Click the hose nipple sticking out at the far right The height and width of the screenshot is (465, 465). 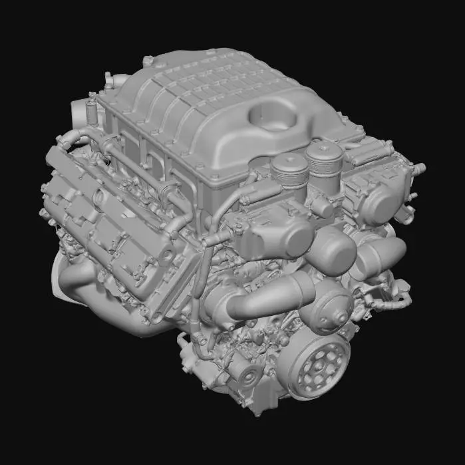420,170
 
